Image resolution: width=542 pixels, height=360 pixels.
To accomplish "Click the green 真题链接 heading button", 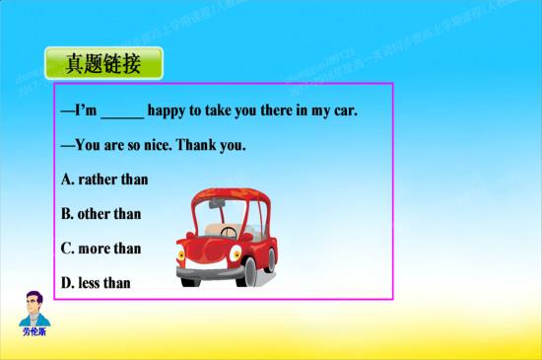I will pos(102,64).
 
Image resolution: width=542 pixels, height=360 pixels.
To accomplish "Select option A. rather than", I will pos(104,180).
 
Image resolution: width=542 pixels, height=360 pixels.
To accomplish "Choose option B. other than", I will pos(102,214).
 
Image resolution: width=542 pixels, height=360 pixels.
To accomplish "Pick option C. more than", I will pos(102,249).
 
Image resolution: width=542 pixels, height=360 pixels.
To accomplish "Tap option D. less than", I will pos(96,283).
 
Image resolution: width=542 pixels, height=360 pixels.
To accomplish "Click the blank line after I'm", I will pos(122,111).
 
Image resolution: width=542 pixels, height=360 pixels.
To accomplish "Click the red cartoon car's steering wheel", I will pos(229,234).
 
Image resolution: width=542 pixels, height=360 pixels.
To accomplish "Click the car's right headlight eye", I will pos(237,252).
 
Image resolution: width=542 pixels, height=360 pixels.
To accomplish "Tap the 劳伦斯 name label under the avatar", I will pos(34,331).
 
